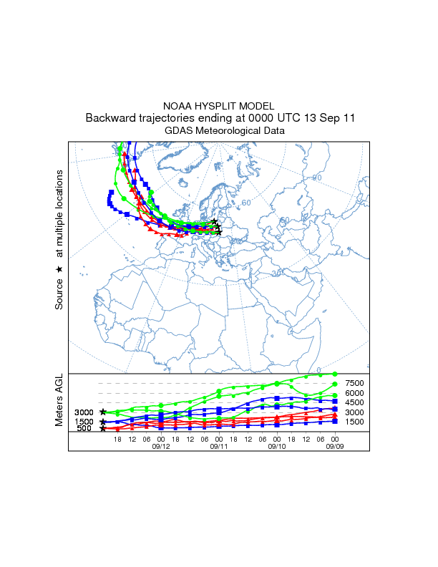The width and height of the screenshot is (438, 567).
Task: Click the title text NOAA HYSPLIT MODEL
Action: (218, 106)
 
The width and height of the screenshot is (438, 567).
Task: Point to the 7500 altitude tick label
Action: (355, 384)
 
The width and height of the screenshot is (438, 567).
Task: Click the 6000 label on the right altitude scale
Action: (355, 393)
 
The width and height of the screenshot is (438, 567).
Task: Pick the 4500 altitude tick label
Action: (355, 403)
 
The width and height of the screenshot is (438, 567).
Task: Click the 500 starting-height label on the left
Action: (84, 428)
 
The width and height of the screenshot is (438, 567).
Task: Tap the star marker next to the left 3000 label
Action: (103, 412)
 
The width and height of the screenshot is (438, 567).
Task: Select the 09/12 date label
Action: (161, 445)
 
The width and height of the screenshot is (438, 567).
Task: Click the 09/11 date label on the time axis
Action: (219, 445)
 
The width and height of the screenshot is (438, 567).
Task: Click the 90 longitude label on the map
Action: (318, 178)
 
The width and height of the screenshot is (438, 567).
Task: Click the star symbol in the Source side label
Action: (59, 269)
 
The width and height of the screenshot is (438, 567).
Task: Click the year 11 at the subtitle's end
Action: (347, 118)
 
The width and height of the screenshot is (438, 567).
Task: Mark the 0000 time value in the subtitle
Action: (260, 118)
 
